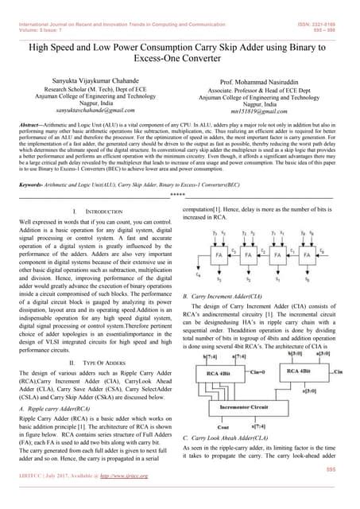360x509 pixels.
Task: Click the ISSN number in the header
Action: (322, 5)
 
